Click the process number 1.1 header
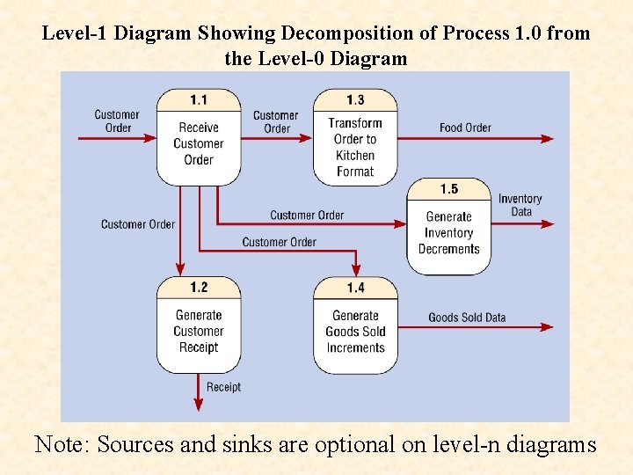(x=199, y=99)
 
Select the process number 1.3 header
(x=355, y=99)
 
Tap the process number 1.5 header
(x=449, y=189)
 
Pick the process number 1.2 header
(x=199, y=288)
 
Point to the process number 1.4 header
(x=355, y=288)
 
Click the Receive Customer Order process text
(x=199, y=143)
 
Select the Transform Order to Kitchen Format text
(x=355, y=147)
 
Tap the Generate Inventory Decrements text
(x=449, y=233)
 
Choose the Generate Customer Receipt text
(x=199, y=331)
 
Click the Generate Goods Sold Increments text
(x=355, y=332)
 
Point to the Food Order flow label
(x=465, y=128)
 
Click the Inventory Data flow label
(x=520, y=205)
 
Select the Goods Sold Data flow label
(x=467, y=318)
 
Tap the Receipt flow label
(x=223, y=387)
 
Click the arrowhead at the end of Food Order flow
(x=548, y=138)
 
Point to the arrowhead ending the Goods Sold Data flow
(x=548, y=327)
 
